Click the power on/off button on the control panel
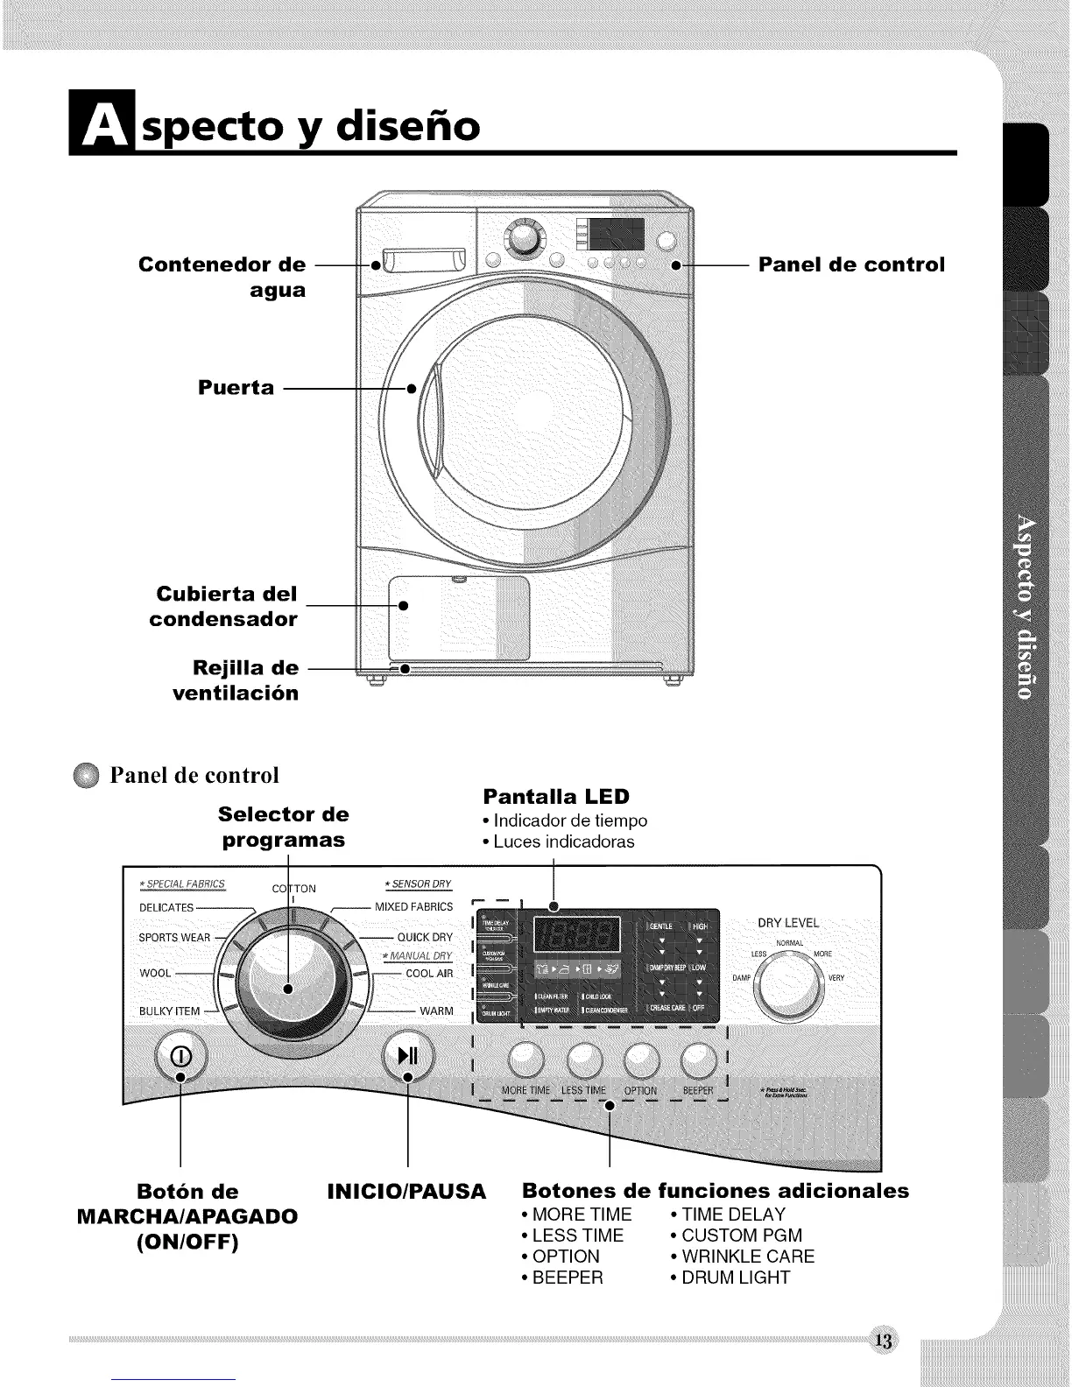[180, 1054]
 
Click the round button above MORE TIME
[526, 1061]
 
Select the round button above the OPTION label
[641, 1061]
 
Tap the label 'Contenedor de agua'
[222, 277]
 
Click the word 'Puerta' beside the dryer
[236, 387]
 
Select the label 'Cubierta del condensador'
[224, 606]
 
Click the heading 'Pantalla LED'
[556, 796]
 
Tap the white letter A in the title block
[102, 125]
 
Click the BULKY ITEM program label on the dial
[170, 1011]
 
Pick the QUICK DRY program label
[425, 937]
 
